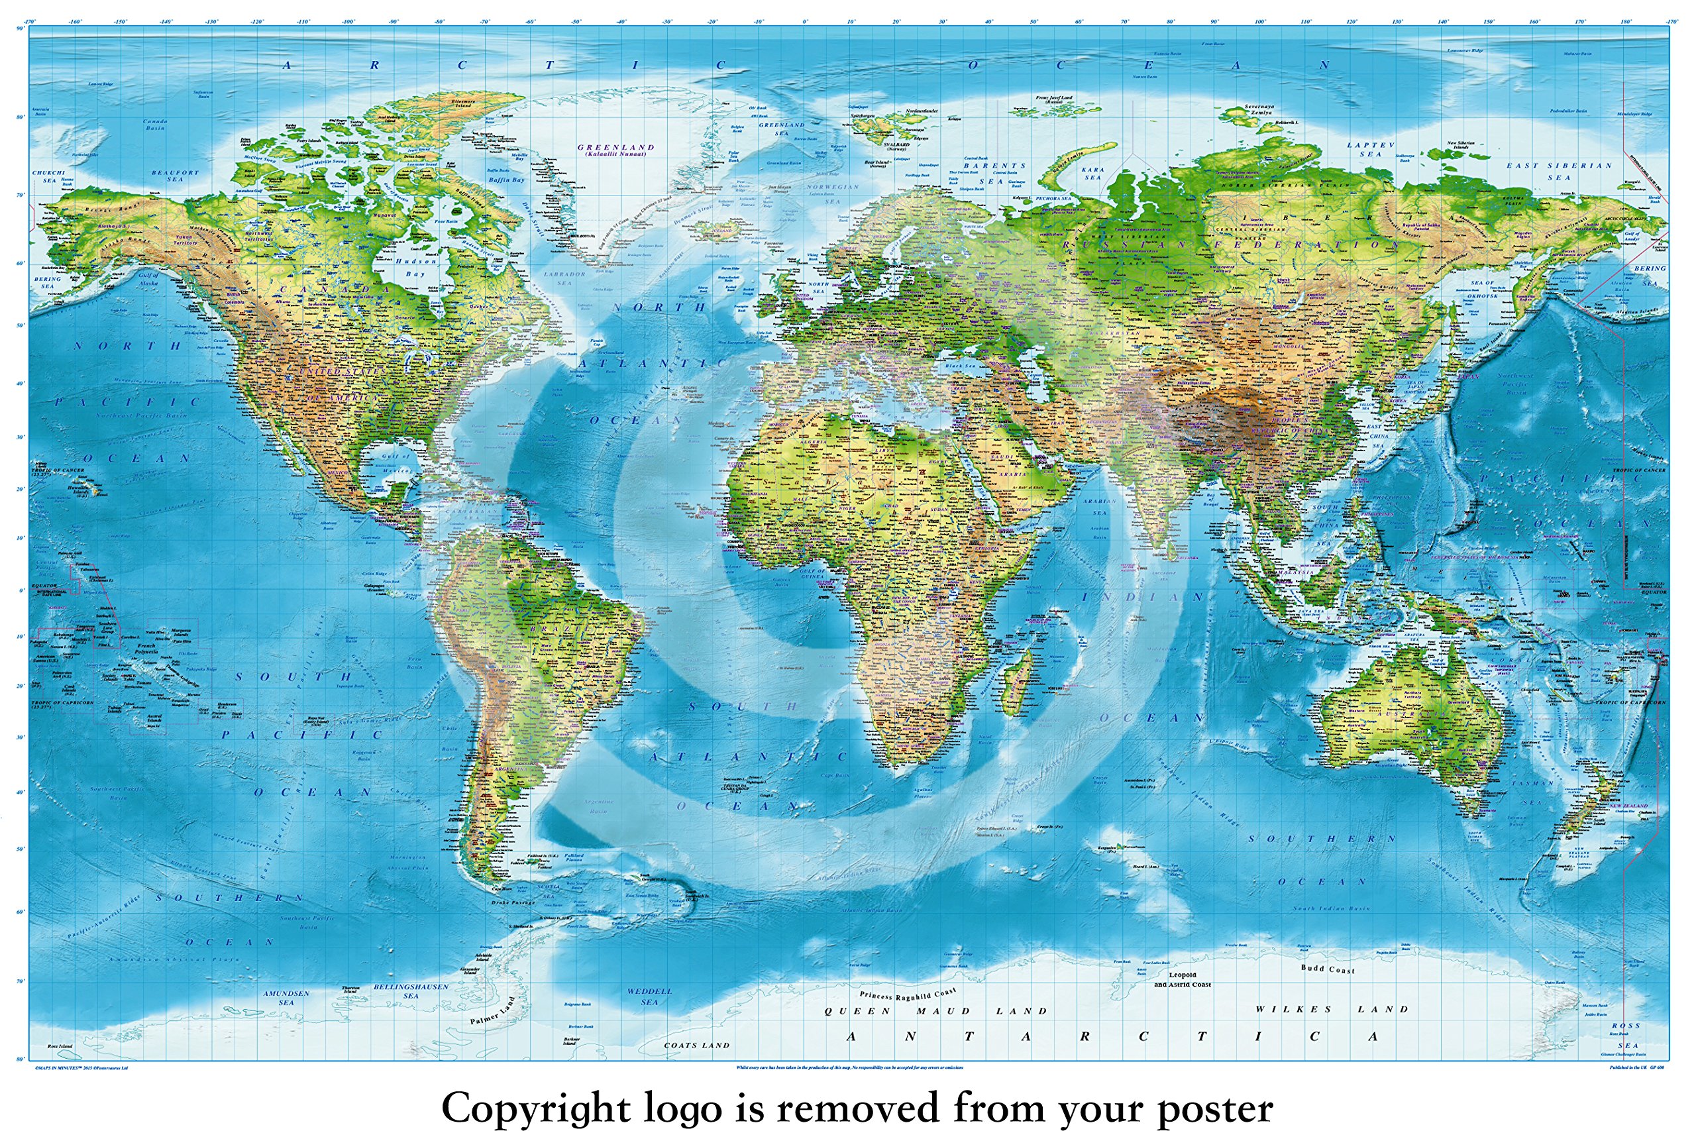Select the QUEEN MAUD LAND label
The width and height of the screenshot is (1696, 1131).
click(935, 1011)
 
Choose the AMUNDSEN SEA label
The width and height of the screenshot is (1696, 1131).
click(286, 998)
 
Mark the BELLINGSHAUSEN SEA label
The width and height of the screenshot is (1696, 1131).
click(410, 991)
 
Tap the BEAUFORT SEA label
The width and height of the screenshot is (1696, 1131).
click(174, 176)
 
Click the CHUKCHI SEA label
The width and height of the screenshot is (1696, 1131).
click(48, 177)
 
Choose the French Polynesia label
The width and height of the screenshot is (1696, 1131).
click(146, 649)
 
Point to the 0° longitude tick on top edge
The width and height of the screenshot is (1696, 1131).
click(805, 23)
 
